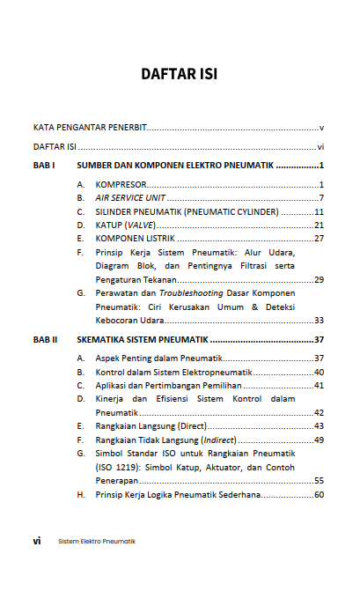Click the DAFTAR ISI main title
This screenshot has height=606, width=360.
click(x=180, y=74)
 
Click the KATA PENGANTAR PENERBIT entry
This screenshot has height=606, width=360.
click(x=90, y=128)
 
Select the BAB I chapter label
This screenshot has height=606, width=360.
click(x=45, y=166)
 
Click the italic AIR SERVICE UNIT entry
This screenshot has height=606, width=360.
click(x=130, y=197)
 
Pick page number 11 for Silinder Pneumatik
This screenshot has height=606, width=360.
click(x=320, y=211)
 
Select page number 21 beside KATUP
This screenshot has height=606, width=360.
click(x=320, y=225)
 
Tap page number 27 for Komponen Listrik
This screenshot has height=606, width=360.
click(x=320, y=239)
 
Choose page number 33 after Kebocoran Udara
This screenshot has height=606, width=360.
click(x=320, y=321)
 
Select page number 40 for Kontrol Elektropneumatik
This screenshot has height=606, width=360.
click(x=320, y=372)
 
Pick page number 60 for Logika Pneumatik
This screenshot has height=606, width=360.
click(x=320, y=494)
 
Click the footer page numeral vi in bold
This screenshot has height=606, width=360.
click(x=37, y=541)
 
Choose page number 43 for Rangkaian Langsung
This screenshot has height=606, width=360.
click(x=320, y=426)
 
